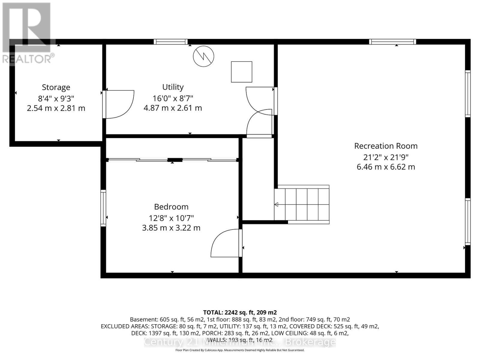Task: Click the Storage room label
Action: click(56, 87)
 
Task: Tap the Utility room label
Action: click(173, 87)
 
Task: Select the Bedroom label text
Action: click(171, 207)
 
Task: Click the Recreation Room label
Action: click(386, 146)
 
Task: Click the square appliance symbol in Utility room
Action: click(241, 72)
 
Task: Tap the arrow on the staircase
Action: click(276, 205)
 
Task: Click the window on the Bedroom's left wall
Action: click(103, 208)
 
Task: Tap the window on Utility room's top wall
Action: click(171, 42)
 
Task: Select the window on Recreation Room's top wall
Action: click(392, 42)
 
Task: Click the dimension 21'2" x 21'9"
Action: click(386, 157)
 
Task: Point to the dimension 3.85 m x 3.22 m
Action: click(171, 228)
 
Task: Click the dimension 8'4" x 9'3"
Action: click(56, 98)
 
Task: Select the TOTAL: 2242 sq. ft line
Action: click(240, 312)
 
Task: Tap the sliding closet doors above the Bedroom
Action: click(172, 160)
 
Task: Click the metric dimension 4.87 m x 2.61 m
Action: click(173, 108)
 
